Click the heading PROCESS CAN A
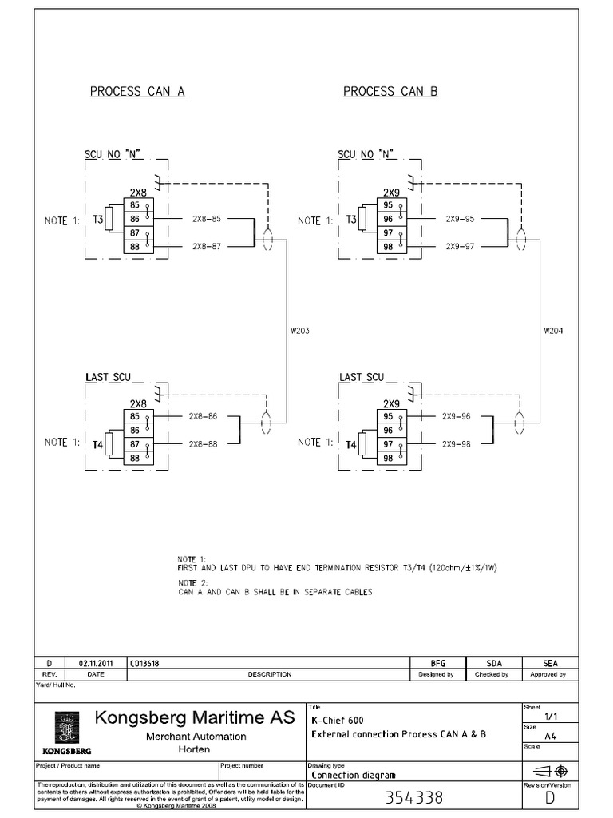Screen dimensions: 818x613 coord(136,91)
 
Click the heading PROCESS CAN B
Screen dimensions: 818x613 coord(390,91)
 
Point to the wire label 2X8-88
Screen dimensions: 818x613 coord(203,443)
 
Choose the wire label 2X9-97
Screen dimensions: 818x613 coord(460,246)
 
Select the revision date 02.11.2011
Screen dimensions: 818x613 coord(96,663)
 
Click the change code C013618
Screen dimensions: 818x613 coord(138,663)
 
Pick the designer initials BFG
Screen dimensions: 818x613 coord(437,663)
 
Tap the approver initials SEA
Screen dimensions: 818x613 coord(550,663)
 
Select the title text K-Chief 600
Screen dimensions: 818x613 coord(339,720)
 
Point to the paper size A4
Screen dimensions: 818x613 coord(551,736)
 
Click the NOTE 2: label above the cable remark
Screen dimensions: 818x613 coord(191,582)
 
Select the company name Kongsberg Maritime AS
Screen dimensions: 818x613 coord(195,717)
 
